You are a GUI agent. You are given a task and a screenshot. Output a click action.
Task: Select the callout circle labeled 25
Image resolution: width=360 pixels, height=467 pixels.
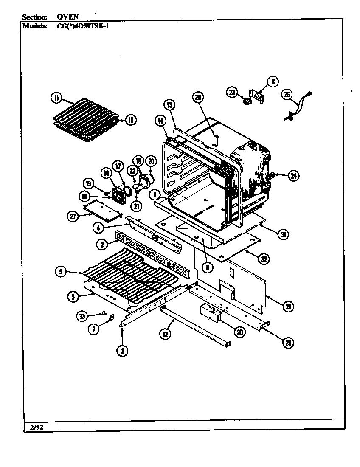(198, 97)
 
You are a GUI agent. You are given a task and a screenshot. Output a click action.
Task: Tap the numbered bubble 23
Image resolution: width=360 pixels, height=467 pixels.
(232, 92)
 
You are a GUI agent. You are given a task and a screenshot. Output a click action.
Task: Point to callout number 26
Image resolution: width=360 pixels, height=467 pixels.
(288, 95)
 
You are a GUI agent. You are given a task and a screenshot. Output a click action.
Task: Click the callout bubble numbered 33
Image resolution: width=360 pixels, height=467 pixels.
(82, 315)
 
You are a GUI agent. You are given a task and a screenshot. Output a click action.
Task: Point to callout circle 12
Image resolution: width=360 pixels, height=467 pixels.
(166, 335)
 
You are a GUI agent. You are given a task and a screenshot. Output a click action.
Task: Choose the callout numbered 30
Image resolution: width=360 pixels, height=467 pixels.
(240, 332)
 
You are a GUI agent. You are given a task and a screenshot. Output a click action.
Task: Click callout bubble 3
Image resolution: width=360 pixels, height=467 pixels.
(123, 350)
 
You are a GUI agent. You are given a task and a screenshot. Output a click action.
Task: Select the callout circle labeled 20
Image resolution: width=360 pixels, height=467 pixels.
(151, 161)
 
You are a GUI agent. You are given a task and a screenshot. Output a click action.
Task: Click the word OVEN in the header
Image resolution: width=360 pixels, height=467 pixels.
(68, 17)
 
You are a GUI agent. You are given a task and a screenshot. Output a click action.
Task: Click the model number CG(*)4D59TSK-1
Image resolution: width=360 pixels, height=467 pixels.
(83, 25)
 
